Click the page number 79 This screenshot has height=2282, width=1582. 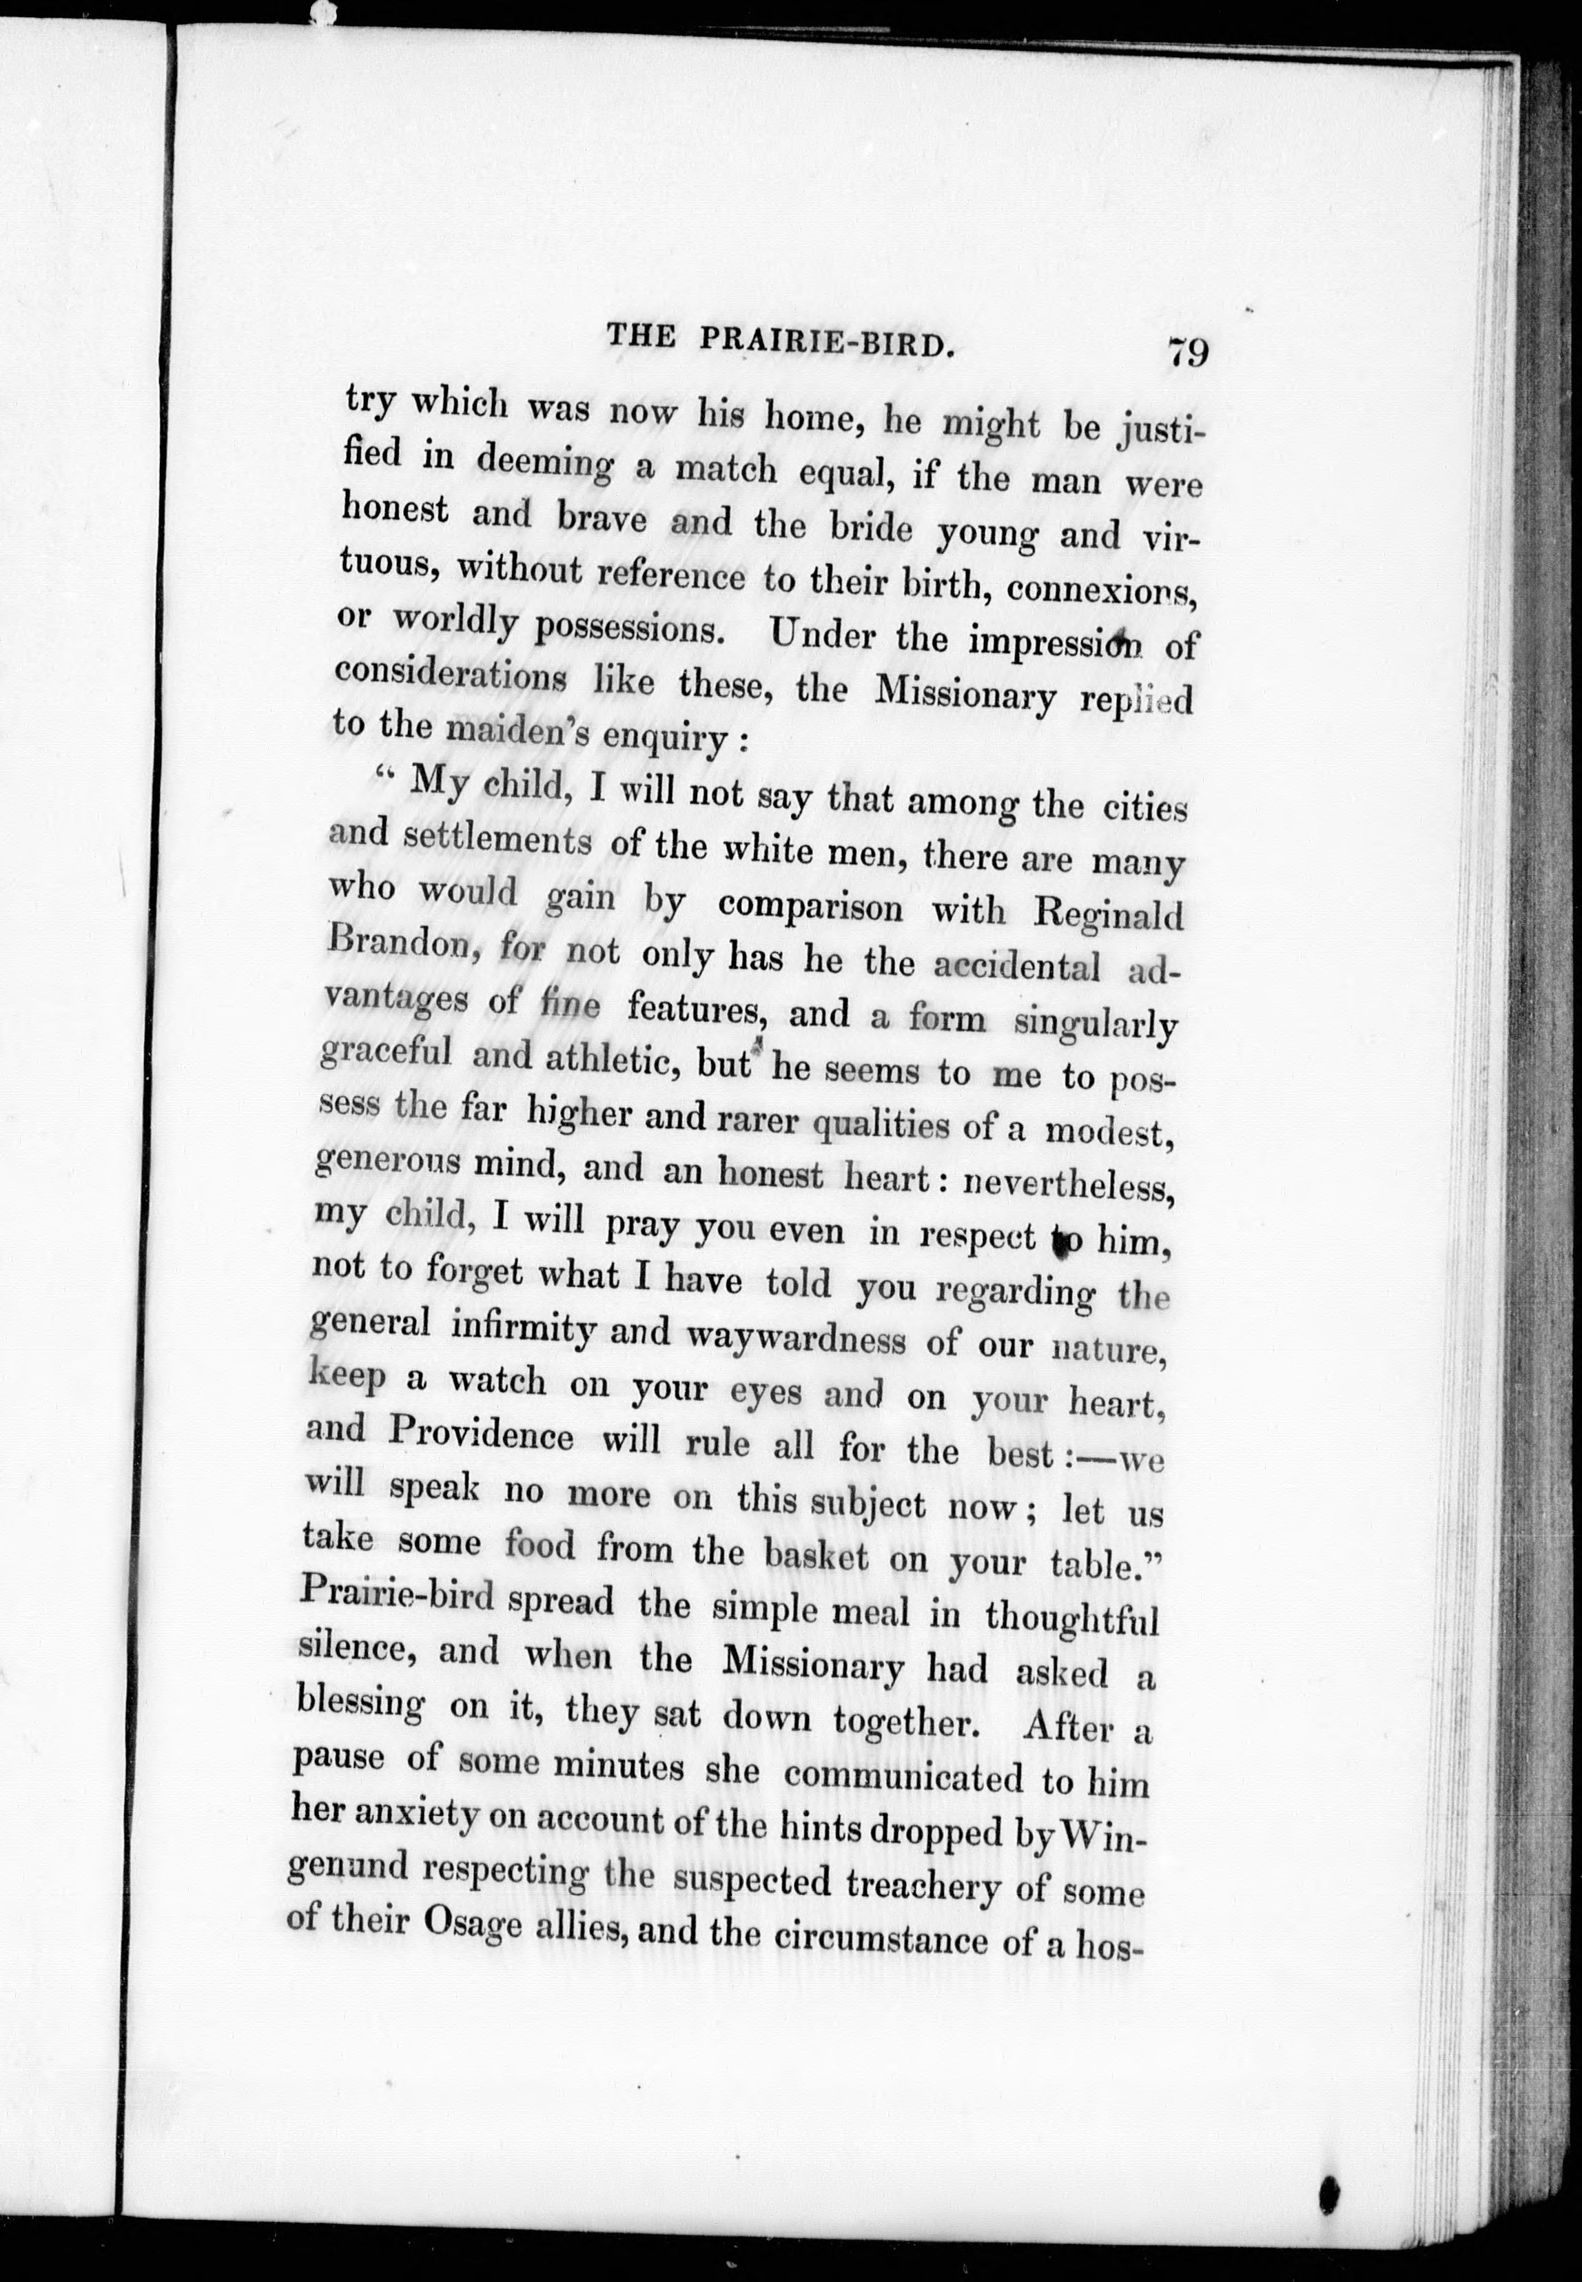tap(1187, 352)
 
